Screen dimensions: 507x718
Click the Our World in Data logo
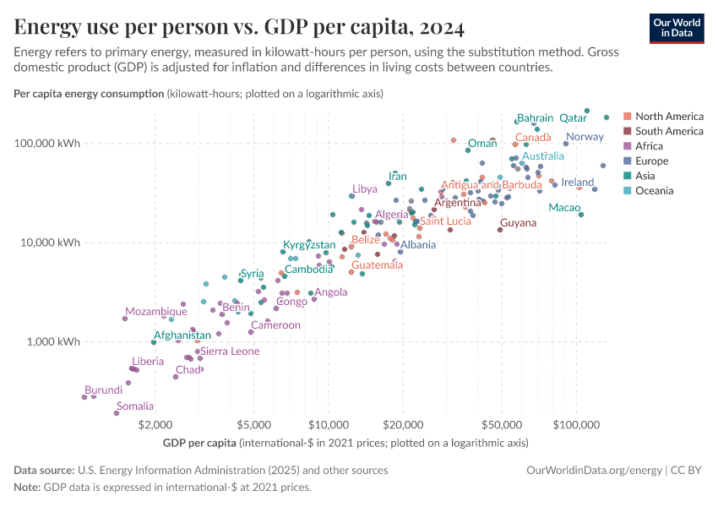click(677, 27)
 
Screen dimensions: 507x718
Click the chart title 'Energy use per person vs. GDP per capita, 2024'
click(239, 27)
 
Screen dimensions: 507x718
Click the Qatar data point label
click(573, 118)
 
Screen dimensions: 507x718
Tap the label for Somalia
click(135, 406)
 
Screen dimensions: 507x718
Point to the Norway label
click(585, 137)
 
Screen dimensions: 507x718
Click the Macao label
click(564, 208)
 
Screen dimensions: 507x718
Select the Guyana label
click(518, 223)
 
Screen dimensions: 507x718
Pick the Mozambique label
click(156, 312)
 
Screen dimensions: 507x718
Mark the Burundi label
click(104, 390)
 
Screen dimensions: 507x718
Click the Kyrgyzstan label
click(309, 245)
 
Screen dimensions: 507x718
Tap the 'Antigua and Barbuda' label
click(492, 185)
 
